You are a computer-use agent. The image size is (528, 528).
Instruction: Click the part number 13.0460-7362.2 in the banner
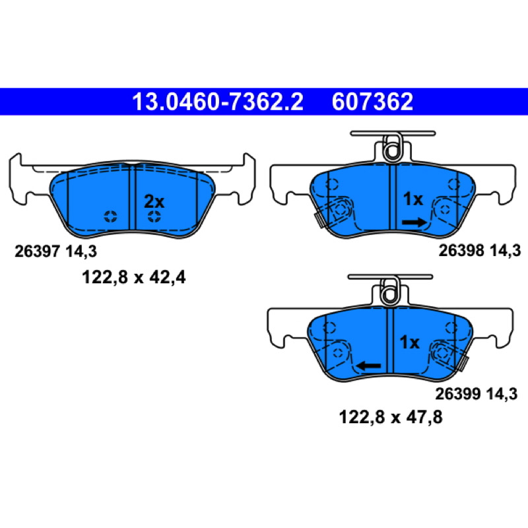click(218, 102)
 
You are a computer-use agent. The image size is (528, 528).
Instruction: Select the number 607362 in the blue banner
click(372, 102)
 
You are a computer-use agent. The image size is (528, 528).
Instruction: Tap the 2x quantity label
click(154, 202)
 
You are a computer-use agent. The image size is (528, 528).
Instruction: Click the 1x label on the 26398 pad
click(413, 199)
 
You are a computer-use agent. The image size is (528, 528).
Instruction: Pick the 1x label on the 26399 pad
click(409, 343)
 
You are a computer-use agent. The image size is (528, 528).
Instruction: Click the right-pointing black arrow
click(414, 222)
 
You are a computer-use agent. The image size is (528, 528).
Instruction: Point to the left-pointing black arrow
click(369, 366)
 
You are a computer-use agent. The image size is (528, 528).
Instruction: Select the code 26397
click(37, 251)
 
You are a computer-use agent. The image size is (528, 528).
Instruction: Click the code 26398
click(461, 251)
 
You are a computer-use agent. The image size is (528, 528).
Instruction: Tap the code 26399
click(457, 394)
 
